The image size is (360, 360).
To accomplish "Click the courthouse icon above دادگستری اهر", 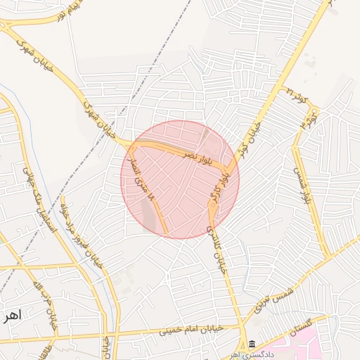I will [x=252, y=345].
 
